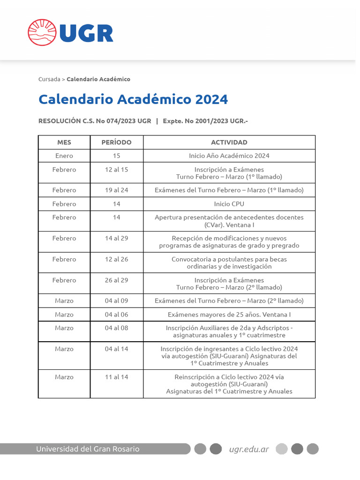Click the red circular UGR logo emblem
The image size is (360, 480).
[x=41, y=32]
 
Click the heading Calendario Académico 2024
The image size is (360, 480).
[x=133, y=99]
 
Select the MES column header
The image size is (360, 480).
[x=64, y=142]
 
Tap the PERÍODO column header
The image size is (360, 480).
[x=116, y=142]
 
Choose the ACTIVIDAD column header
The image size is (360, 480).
[x=229, y=142]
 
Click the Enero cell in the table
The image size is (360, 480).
[x=64, y=156]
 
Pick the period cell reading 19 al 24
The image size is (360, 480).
[x=116, y=190]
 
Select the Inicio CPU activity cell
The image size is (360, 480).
[x=229, y=204]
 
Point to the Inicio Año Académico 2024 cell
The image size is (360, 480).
[x=229, y=156]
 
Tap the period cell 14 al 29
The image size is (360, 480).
[x=116, y=238]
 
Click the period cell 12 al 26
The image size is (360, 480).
[x=116, y=259]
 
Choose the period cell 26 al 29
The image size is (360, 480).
[x=116, y=280]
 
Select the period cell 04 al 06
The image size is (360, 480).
[x=116, y=315]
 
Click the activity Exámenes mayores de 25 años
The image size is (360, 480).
[x=229, y=315]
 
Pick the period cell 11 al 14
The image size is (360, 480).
[x=116, y=377]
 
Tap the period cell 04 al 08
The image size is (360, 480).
[x=116, y=328]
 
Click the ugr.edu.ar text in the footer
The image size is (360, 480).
[x=249, y=449]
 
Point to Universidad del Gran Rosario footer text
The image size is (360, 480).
[x=88, y=449]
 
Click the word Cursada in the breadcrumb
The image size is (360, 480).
[x=49, y=79]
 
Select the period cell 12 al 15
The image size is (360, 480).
[x=116, y=170]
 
